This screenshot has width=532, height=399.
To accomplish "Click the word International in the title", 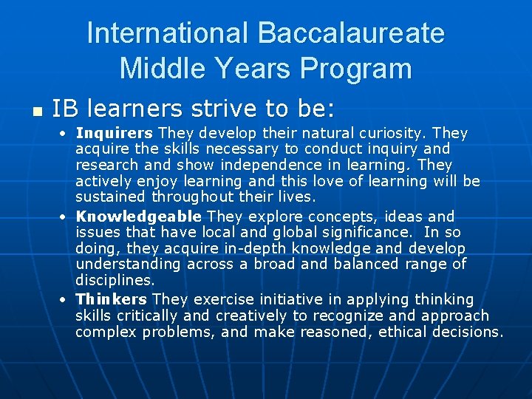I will [x=168, y=33].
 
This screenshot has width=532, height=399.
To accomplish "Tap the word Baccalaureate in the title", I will [x=351, y=33].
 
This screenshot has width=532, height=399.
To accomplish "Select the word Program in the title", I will [x=357, y=69].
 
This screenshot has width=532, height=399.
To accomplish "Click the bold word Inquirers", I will [x=115, y=133].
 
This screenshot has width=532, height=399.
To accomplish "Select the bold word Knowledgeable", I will [x=139, y=216].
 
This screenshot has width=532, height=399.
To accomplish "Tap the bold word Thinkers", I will [x=112, y=299].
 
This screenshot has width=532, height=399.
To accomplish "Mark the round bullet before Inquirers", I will [x=64, y=134].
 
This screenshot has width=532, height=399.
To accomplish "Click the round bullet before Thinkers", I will [x=64, y=300].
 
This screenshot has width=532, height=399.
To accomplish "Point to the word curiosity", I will [x=393, y=133].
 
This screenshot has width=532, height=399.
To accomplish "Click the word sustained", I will [x=111, y=197].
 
